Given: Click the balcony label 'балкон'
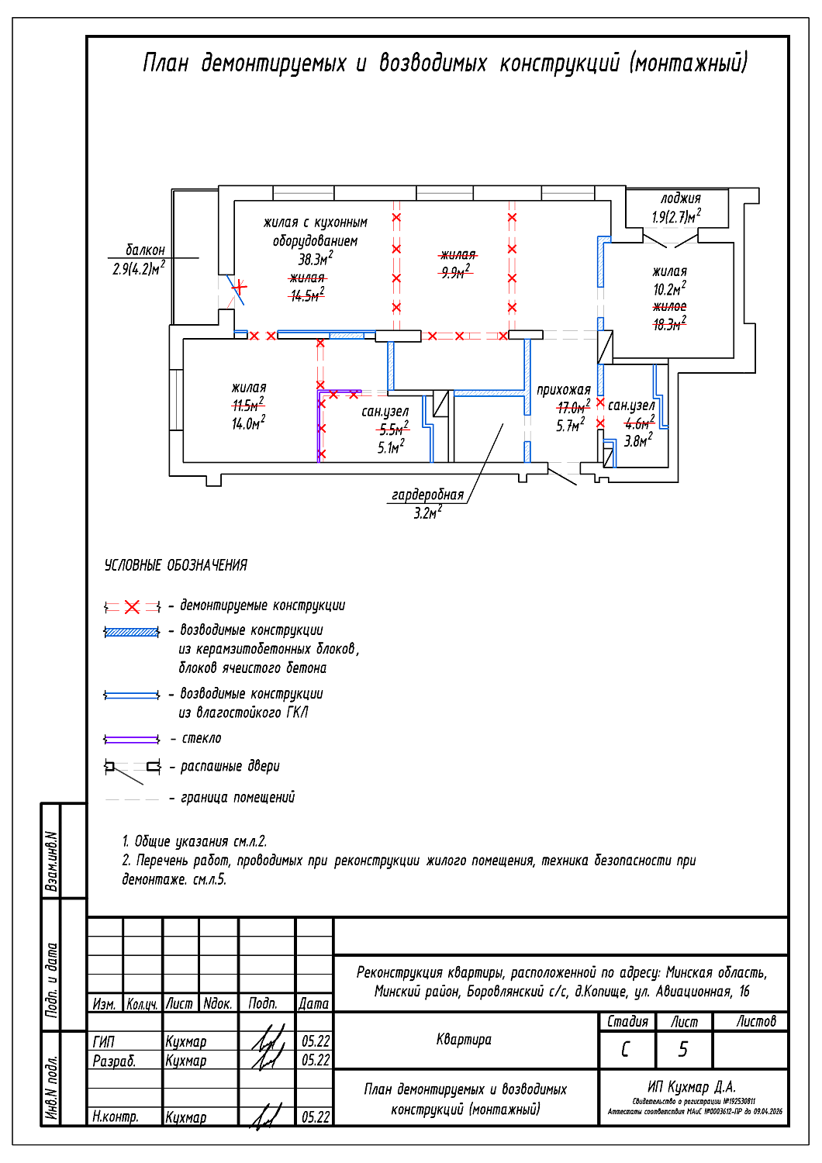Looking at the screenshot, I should pyautogui.click(x=145, y=250).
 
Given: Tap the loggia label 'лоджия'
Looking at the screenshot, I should pyautogui.click(x=680, y=198).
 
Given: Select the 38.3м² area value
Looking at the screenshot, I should pyautogui.click(x=316, y=259).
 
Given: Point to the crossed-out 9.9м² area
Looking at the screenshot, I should pyautogui.click(x=455, y=272).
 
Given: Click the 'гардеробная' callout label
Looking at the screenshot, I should pyautogui.click(x=427, y=495).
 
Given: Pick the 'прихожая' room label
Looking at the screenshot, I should pyautogui.click(x=564, y=389).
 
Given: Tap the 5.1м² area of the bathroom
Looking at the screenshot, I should pyautogui.click(x=391, y=447).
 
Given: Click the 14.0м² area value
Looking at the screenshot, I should pyautogui.click(x=248, y=423).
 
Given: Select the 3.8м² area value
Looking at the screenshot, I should pyautogui.click(x=638, y=440).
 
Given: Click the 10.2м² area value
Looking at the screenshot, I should pyautogui.click(x=669, y=289).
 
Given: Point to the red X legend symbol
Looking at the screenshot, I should pyautogui.click(x=133, y=606).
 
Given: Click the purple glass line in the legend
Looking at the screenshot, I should pyautogui.click(x=132, y=739).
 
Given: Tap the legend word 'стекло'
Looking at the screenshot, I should pyautogui.click(x=202, y=739).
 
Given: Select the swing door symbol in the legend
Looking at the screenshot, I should pyautogui.click(x=132, y=768).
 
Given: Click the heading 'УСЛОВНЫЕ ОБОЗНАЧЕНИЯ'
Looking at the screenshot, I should pyautogui.click(x=176, y=565).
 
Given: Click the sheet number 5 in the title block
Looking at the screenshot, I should pyautogui.click(x=683, y=1050).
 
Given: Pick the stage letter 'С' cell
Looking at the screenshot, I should pyautogui.click(x=626, y=1050).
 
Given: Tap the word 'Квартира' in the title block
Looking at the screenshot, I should pyautogui.click(x=464, y=1040).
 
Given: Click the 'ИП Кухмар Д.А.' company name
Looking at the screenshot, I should pyautogui.click(x=692, y=1087).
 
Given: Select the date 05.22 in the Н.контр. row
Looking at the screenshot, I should pyautogui.click(x=316, y=1117).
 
